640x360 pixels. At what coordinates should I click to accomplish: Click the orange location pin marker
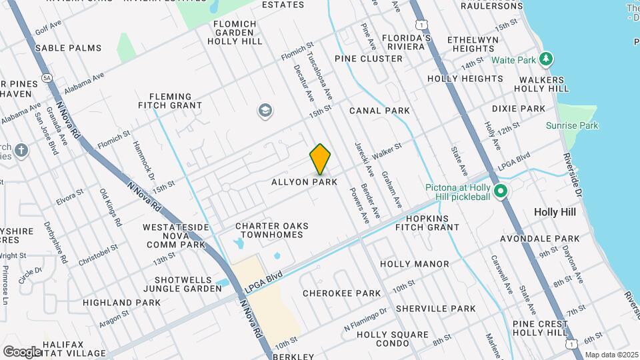321,159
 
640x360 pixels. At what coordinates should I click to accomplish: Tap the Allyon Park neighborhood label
304,182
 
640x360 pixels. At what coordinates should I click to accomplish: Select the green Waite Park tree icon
547,59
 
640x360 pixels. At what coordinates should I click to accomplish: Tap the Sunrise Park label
572,125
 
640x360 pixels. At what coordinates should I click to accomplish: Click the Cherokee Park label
341,293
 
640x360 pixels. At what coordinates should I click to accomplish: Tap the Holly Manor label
414,264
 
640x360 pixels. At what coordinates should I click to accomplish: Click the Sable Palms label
68,48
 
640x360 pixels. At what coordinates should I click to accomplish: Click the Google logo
22,351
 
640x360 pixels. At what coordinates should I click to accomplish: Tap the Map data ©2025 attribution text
610,355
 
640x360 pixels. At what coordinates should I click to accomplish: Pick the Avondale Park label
550,239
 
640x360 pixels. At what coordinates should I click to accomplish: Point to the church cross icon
21,149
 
